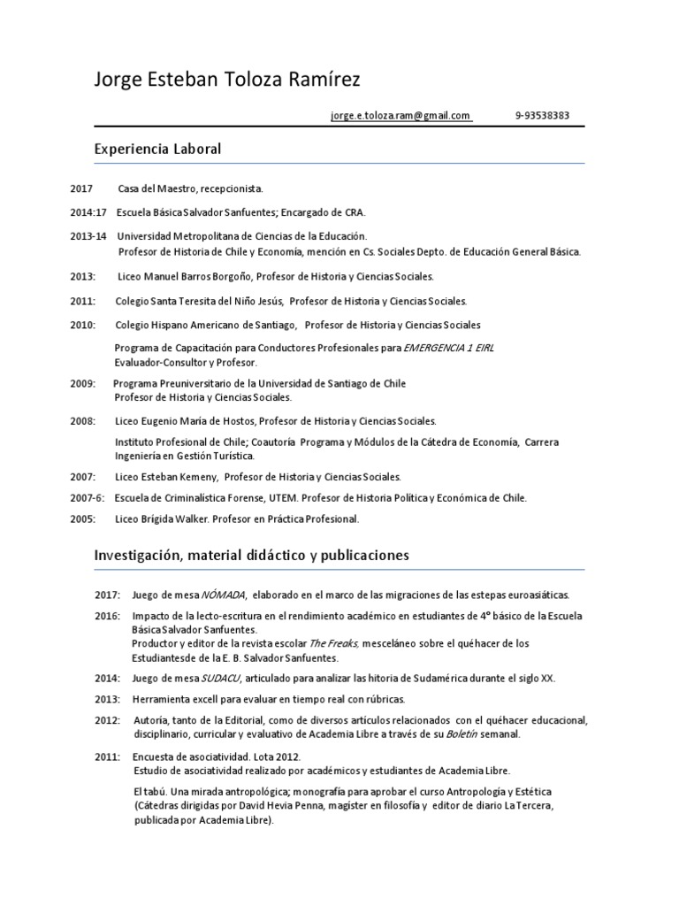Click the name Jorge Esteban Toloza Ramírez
pos(227,81)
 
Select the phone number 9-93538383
pos(542,115)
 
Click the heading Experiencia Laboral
pos(157,149)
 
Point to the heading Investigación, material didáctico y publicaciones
pos(252,556)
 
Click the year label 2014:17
pos(88,212)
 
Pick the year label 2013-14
pos(88,236)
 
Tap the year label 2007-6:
pos(88,498)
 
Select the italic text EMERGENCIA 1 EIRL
pos(448,349)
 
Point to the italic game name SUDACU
pos(221,679)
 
